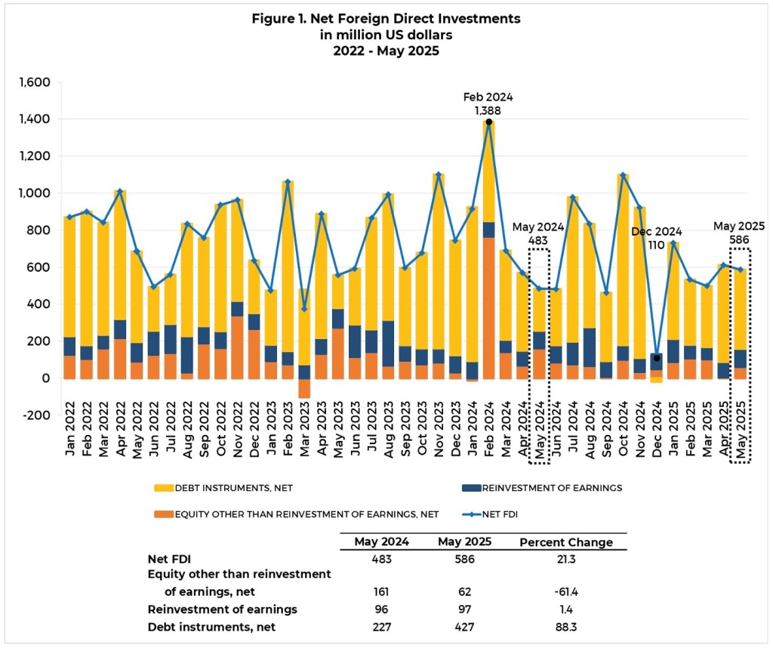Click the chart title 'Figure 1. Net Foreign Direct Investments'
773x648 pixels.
coord(386,17)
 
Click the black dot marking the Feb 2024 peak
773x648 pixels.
coord(489,122)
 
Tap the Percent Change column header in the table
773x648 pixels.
coord(565,542)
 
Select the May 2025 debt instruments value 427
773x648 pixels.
coord(461,626)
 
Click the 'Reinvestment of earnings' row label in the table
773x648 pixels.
coord(222,609)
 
